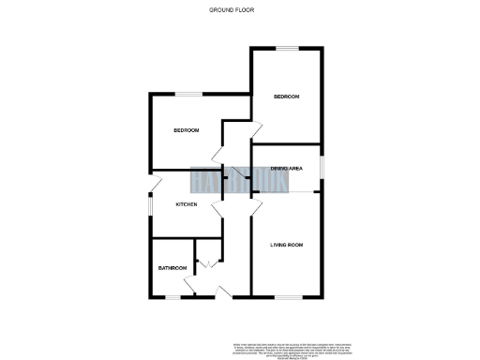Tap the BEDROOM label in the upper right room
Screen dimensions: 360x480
pyautogui.click(x=286, y=97)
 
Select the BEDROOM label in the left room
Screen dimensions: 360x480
pyautogui.click(x=187, y=130)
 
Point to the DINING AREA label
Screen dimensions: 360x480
pyautogui.click(x=286, y=168)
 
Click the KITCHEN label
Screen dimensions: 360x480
pyautogui.click(x=186, y=204)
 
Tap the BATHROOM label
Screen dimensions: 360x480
pyautogui.click(x=172, y=269)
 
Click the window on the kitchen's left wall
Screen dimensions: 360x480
pyautogui.click(x=152, y=205)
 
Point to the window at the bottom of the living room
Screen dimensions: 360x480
pyautogui.click(x=287, y=298)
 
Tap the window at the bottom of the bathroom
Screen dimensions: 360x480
pyautogui.click(x=172, y=298)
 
